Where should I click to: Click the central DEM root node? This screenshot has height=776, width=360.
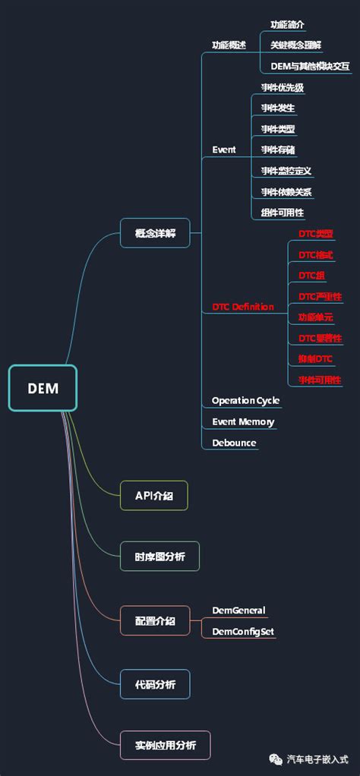point(43,388)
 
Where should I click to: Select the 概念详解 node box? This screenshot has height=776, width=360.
point(155,233)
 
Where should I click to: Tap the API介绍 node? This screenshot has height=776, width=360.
point(154,495)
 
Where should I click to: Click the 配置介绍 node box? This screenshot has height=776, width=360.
point(155,621)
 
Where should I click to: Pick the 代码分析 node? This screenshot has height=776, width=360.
point(155,684)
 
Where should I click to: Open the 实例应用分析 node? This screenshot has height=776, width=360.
point(165,746)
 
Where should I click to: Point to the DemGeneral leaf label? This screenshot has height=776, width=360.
point(238,610)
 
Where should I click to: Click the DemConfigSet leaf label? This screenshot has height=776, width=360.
point(243,631)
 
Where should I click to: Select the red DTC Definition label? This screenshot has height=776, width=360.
point(242,307)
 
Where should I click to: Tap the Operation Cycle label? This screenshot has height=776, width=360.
point(245,400)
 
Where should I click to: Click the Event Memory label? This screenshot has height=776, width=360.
point(243,421)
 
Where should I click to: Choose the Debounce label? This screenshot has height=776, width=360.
point(234,443)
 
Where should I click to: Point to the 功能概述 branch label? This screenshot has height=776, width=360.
point(229,46)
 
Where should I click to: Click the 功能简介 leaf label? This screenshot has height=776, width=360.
point(288,25)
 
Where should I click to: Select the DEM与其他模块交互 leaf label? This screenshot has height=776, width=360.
point(310,66)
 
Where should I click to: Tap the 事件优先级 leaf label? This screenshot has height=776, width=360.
point(283,87)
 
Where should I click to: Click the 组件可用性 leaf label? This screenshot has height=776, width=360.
point(283,213)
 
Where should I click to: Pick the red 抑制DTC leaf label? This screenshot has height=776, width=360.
point(315,358)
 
